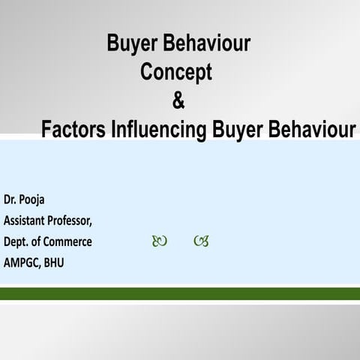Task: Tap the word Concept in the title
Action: [x=176, y=72]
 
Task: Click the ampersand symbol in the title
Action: [x=178, y=100]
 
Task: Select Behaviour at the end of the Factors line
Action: [x=310, y=128]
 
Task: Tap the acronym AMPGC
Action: [x=22, y=262]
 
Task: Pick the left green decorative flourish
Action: [x=160, y=241]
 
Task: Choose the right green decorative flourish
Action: [x=200, y=241]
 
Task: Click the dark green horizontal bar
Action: [x=180, y=292]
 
